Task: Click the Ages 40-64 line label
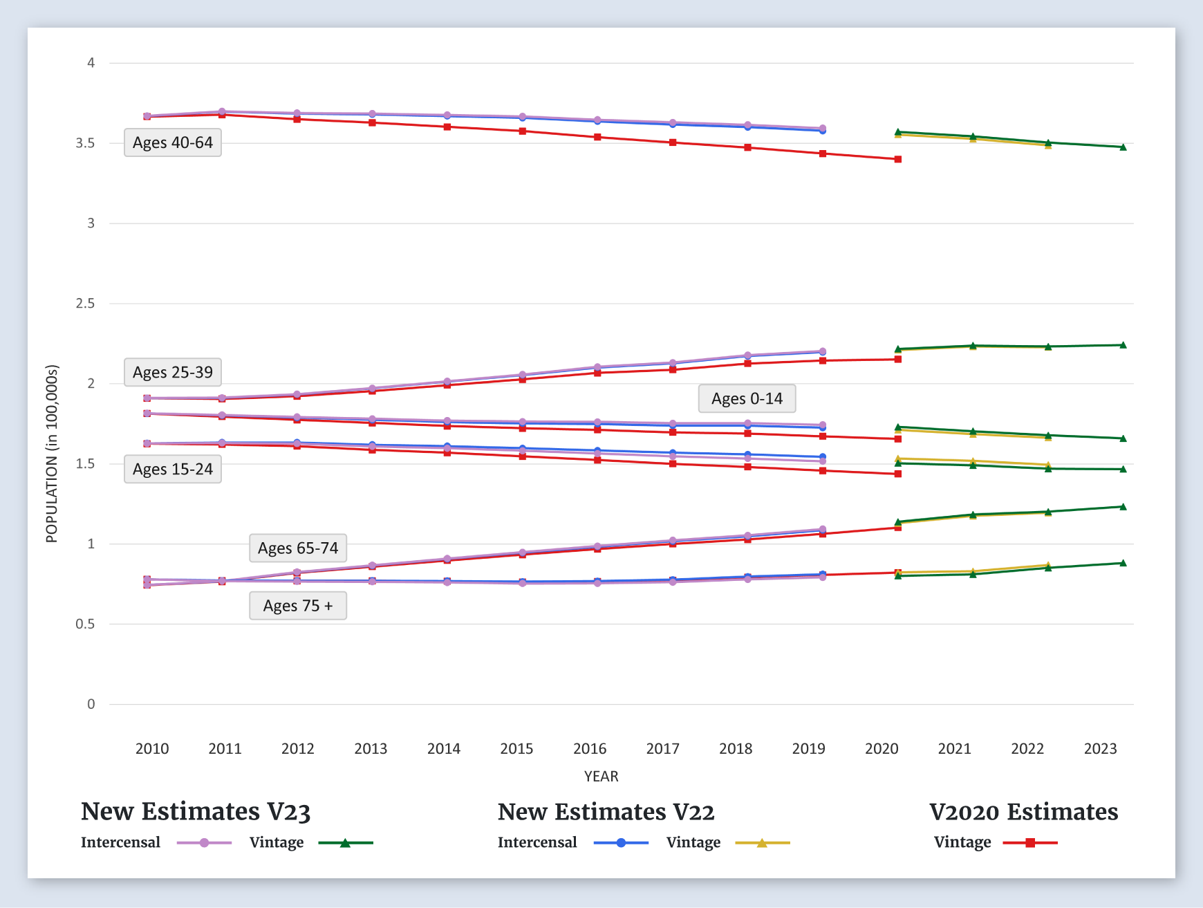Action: (173, 143)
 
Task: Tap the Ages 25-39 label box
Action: (173, 373)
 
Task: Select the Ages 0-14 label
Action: (747, 399)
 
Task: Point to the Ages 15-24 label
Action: (173, 470)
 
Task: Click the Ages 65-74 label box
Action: (298, 548)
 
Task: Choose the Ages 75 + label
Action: (298, 606)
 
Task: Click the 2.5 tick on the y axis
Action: (86, 304)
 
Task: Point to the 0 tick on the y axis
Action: (91, 705)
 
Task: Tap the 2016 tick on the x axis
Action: (590, 749)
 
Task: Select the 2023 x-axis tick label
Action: (1100, 749)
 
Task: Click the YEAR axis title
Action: (601, 777)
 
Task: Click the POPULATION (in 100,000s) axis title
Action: (52, 454)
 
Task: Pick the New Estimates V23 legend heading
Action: (196, 812)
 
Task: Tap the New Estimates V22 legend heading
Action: (606, 812)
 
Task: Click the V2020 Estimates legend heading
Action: (1023, 812)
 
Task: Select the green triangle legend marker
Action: (345, 843)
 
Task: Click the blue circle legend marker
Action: (621, 843)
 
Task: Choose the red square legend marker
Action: (1030, 843)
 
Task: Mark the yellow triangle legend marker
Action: (762, 843)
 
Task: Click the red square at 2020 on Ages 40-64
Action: (897, 160)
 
